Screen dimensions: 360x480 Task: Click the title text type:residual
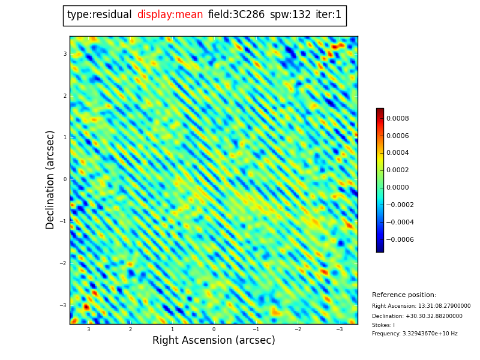pos(99,15)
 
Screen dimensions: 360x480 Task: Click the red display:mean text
pos(170,15)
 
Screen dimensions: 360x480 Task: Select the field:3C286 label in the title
pos(236,15)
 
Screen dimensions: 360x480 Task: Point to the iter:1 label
pos(328,15)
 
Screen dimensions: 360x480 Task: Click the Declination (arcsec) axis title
pos(50,179)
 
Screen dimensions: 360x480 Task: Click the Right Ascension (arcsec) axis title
pos(214,341)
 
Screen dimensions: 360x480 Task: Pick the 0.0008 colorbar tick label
pos(397,119)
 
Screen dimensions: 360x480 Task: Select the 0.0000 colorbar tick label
pos(397,188)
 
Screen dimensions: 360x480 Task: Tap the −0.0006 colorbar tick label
pos(400,240)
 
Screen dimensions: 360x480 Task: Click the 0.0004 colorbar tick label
pos(397,153)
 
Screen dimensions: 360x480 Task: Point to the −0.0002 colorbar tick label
pos(400,205)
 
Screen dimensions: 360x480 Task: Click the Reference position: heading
pos(404,295)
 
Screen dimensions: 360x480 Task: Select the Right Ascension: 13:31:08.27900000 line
pos(421,306)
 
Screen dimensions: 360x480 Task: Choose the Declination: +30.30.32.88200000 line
pos(417,316)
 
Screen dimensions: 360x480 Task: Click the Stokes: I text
pos(383,325)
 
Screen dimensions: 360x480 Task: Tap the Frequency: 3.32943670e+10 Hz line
pos(415,334)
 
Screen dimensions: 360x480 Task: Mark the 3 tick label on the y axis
pos(65,54)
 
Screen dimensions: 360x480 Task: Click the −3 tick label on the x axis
pos(339,329)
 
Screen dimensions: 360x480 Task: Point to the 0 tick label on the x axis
pos(214,329)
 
